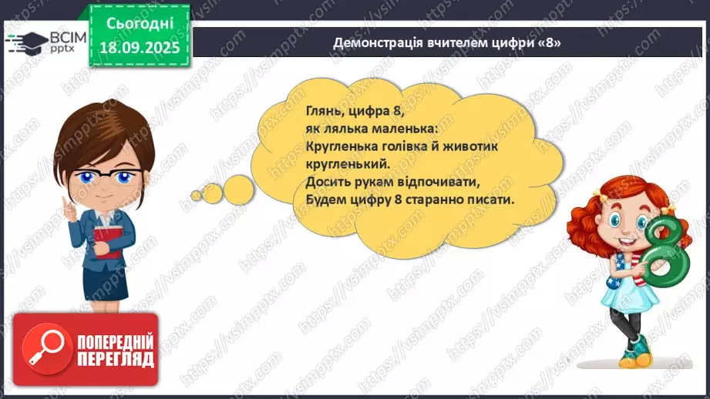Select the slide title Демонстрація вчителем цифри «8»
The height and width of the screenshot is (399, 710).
pos(446,43)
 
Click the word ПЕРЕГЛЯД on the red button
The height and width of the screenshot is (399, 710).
pos(116,358)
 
